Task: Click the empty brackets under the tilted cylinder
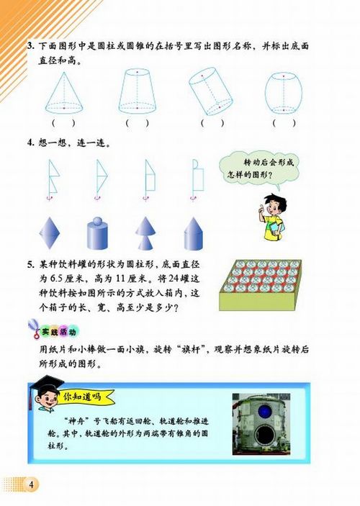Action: (212, 122)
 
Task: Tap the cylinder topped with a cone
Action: (195, 232)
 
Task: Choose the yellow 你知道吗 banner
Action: (85, 396)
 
